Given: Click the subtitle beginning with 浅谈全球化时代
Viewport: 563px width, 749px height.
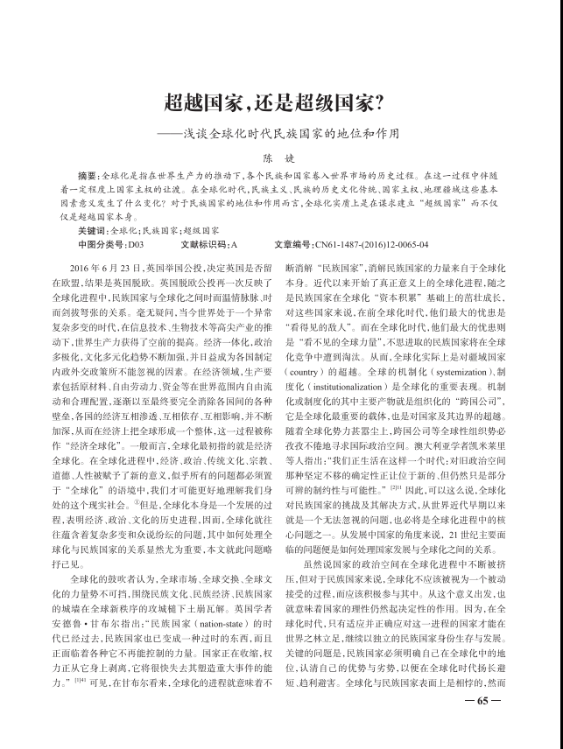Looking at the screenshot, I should pos(290,136).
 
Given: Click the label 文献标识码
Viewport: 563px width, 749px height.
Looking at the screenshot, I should pos(197,243).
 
